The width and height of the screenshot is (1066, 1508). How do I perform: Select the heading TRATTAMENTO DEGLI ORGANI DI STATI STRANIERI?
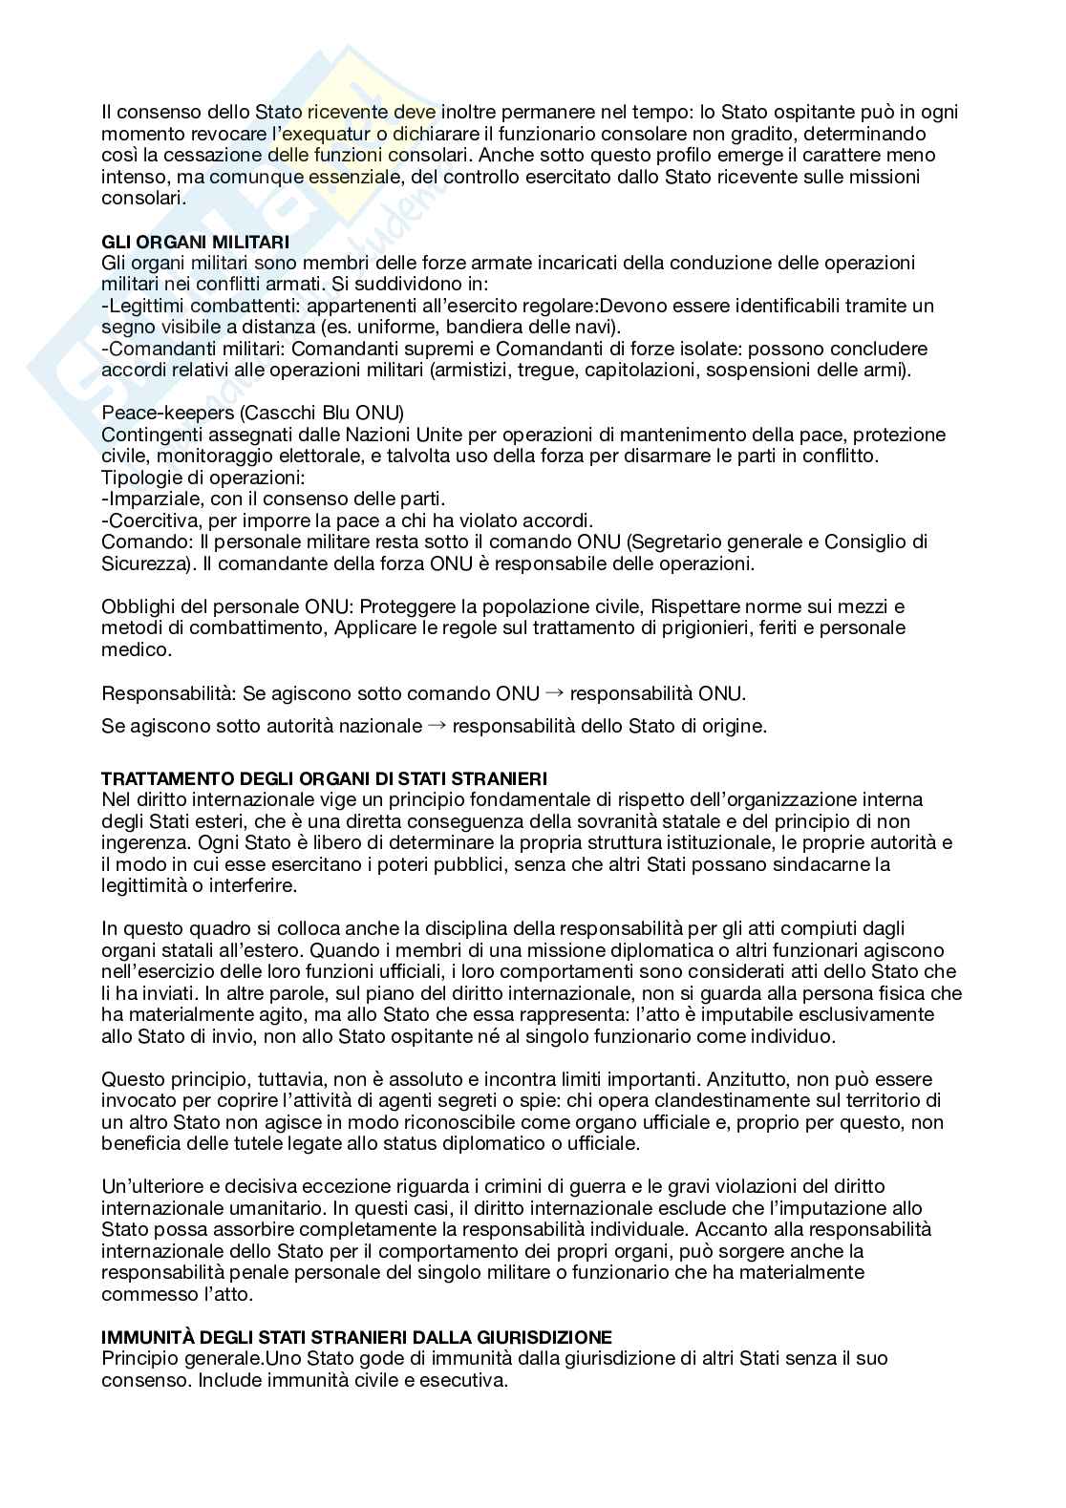[324, 779]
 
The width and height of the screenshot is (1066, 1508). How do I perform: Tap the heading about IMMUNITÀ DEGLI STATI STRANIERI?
[356, 1337]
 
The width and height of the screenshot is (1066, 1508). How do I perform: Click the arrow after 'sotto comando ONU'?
[555, 693]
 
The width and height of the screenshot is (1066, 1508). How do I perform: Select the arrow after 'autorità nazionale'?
[437, 726]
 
